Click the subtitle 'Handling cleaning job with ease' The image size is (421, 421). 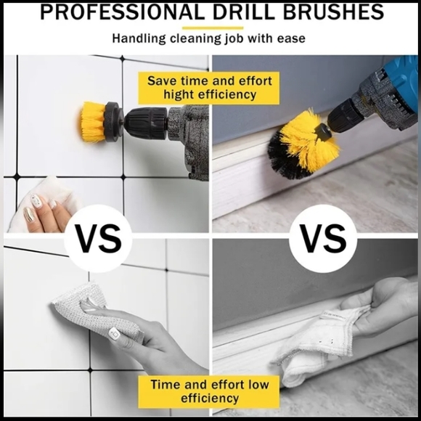point(209,38)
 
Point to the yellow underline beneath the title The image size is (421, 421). point(210,27)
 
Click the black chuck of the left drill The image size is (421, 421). point(145,122)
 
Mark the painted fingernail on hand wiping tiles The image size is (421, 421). point(114,332)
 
